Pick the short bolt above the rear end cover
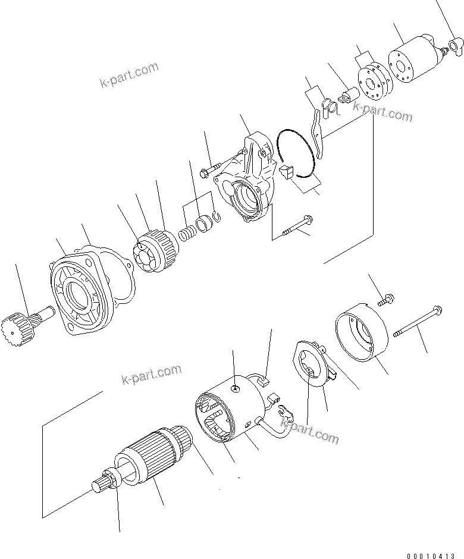(x=383, y=301)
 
